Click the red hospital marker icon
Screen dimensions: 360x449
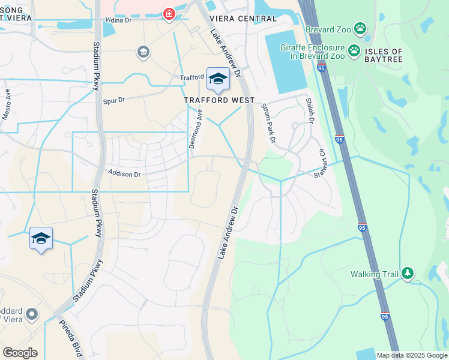pyautogui.click(x=169, y=14)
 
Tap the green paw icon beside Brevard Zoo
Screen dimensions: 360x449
pyautogui.click(x=360, y=28)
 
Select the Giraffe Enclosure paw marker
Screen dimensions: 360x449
pyautogui.click(x=354, y=50)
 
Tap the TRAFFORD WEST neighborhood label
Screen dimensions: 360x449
pyautogui.click(x=220, y=100)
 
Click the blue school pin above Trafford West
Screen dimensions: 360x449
pyautogui.click(x=217, y=79)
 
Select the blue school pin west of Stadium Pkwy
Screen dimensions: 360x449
pyautogui.click(x=41, y=239)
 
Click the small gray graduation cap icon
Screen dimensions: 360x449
pyautogui.click(x=143, y=52)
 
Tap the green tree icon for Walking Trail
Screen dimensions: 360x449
pyautogui.click(x=408, y=274)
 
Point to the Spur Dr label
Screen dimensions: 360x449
pyautogui.click(x=115, y=101)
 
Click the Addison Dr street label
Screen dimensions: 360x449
pyautogui.click(x=124, y=174)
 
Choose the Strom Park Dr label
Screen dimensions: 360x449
pyautogui.click(x=268, y=123)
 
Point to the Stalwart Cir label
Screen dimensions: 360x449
pyautogui.click(x=324, y=162)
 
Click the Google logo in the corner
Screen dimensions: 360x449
pyautogui.click(x=20, y=353)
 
